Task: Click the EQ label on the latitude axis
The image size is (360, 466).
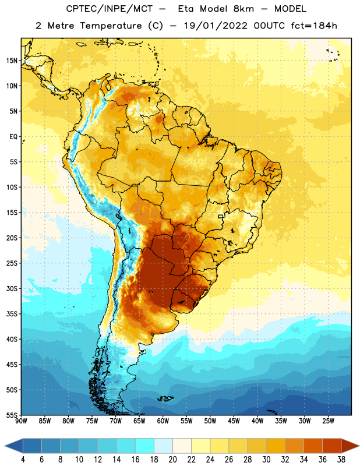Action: tap(13, 137)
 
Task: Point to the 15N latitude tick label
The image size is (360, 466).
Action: tap(12, 61)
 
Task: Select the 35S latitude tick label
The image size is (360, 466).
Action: tap(12, 314)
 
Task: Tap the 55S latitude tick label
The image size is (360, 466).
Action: tap(12, 415)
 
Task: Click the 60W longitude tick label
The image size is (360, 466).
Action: tap(163, 421)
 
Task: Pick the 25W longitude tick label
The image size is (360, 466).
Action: tap(328, 421)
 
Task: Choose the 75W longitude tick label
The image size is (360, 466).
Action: tap(92, 421)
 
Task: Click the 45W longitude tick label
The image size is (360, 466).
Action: tap(234, 421)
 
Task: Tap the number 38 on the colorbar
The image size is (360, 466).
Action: tap(341, 460)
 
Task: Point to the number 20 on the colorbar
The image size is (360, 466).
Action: tap(172, 460)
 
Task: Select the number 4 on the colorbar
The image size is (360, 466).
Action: tap(23, 460)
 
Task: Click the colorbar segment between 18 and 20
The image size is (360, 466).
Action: tap(163, 446)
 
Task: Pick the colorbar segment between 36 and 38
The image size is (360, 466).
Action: tap(332, 446)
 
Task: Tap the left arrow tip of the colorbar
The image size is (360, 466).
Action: tap(5, 446)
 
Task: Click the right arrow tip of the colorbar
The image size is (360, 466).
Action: tap(359, 446)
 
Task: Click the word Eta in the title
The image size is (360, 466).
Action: tap(186, 9)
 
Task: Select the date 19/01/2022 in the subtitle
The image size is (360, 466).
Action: tap(215, 26)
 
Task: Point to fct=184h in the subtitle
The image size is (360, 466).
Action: tap(314, 26)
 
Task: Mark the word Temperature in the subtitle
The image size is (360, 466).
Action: tap(111, 26)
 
